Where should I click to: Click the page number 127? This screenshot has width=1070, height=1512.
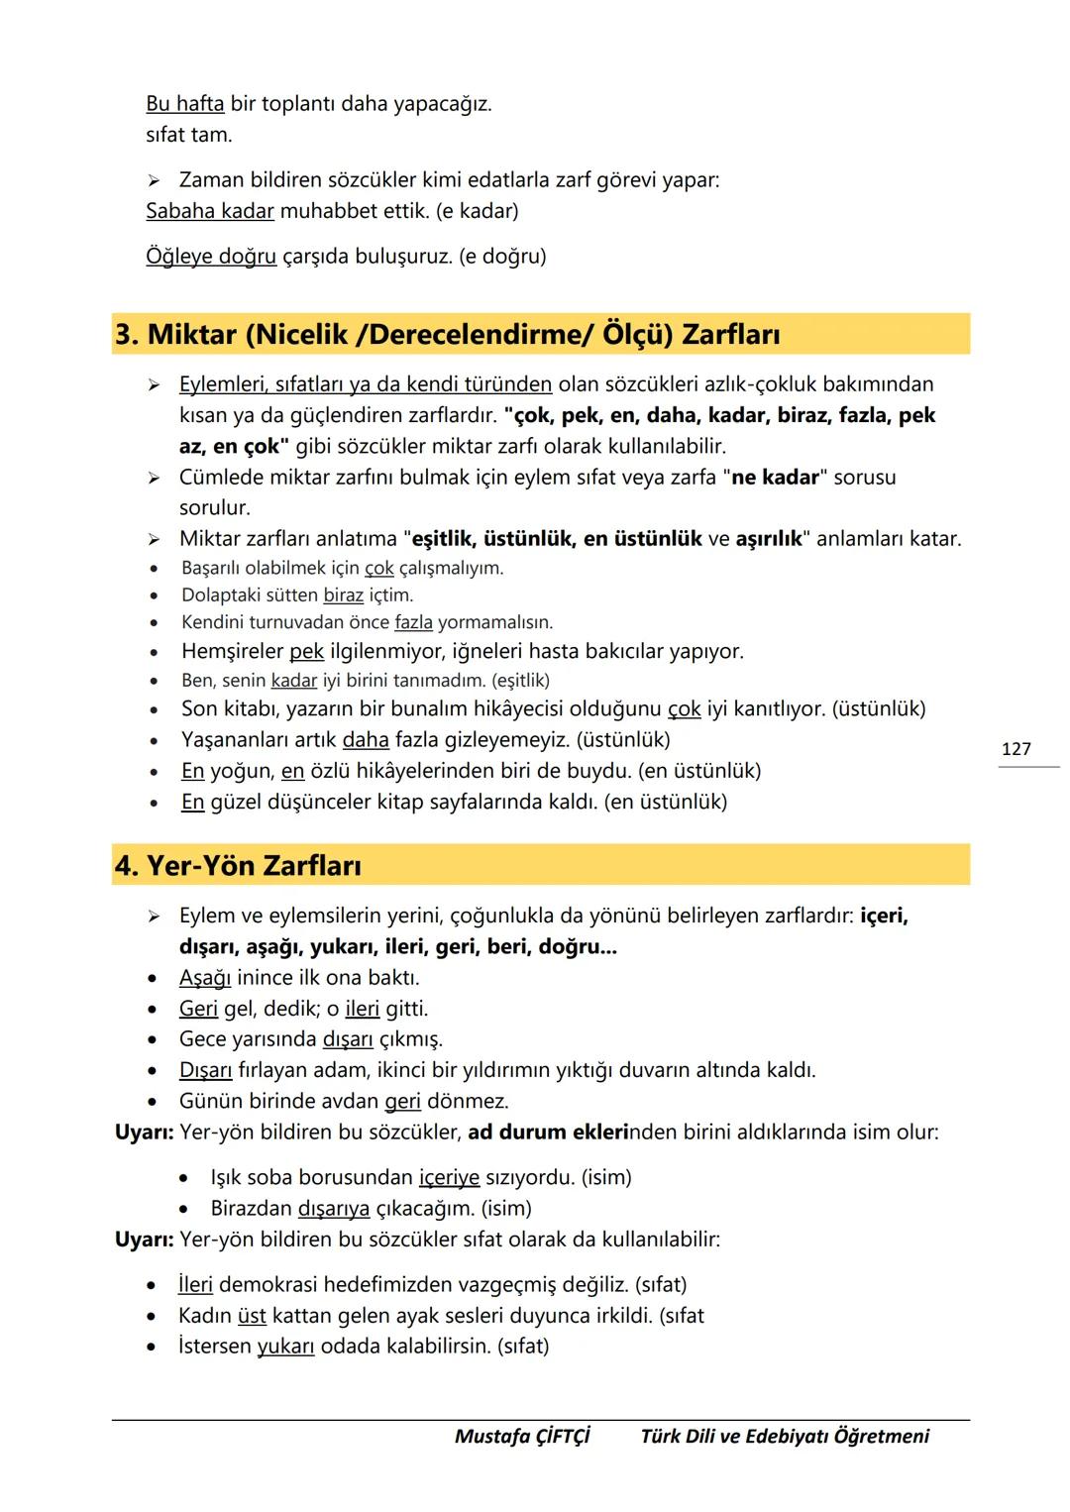pos(1016,749)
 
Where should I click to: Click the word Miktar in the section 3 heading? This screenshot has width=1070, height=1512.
pos(192,335)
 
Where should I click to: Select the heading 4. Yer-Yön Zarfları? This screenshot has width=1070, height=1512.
pos(238,866)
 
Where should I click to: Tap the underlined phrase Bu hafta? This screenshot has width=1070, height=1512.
pos(184,104)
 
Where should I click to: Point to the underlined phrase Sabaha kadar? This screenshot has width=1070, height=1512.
pos(209,211)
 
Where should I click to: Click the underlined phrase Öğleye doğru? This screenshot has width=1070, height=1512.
pos(211,257)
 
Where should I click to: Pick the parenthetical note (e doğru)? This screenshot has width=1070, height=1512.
pos(502,257)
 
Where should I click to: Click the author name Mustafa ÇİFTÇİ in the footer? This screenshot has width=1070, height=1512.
pos(522,1437)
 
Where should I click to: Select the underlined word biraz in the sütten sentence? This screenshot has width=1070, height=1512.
pos(343,595)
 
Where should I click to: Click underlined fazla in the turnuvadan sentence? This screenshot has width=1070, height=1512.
pos(413,622)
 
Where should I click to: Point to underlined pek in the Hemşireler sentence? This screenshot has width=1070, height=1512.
pos(306,652)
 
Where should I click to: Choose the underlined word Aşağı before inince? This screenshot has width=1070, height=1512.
pos(204,978)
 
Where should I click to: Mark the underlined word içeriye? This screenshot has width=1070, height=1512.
pos(449,1178)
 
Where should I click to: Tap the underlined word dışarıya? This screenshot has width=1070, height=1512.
pos(334,1209)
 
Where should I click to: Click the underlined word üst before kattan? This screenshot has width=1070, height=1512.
pos(252,1316)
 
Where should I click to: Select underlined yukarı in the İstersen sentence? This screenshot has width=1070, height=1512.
pos(285,1347)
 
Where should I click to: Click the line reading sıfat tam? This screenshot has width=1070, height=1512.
pos(188,135)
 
